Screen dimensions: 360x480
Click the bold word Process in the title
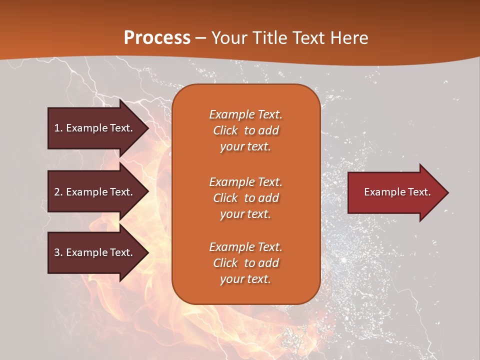[157, 37]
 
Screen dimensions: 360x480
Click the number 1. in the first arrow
[58, 128]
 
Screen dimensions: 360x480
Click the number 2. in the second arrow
[58, 192]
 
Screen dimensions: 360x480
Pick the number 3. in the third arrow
[58, 252]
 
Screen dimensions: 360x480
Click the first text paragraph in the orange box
[245, 130]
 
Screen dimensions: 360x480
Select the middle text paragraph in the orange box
[245, 198]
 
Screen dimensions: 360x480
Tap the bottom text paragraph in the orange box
[245, 263]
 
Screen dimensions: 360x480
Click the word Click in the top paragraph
[225, 131]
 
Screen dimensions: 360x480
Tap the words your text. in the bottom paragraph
[245, 279]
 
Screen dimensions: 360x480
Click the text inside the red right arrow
[397, 192]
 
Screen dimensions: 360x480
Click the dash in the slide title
[200, 38]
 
